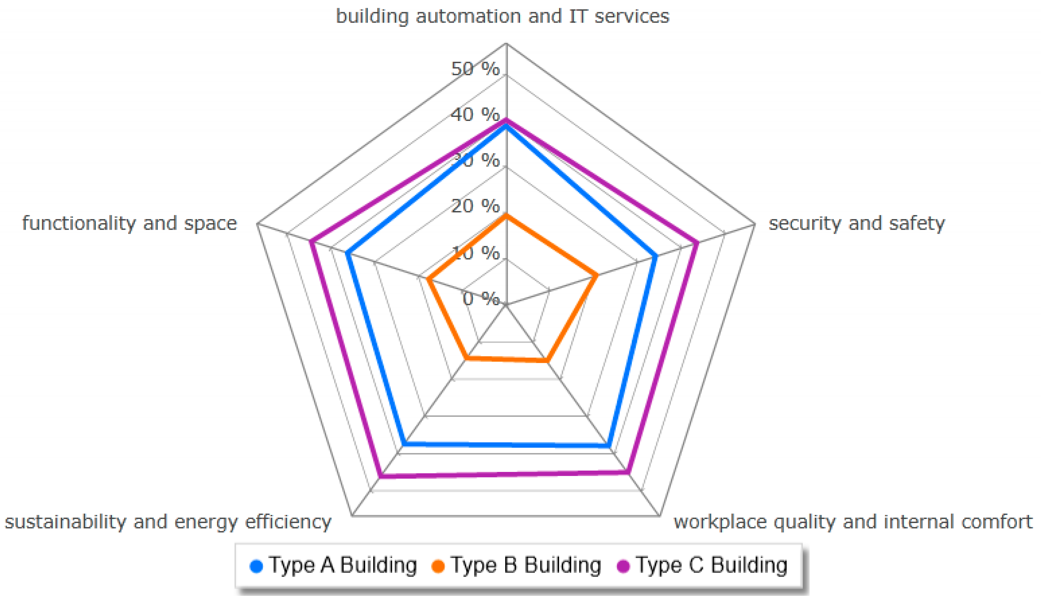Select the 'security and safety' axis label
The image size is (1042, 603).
click(856, 224)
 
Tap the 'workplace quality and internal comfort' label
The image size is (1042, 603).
click(853, 522)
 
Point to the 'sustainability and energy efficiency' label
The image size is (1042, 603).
click(168, 522)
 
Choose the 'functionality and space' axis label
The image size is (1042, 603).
click(129, 224)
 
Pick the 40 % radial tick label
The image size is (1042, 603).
click(475, 115)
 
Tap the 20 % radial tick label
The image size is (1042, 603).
click(475, 206)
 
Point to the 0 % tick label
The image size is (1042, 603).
click(481, 298)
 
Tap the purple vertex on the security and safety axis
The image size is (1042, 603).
click(697, 243)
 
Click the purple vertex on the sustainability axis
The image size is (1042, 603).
click(381, 477)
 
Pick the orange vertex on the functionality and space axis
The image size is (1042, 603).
click(429, 280)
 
